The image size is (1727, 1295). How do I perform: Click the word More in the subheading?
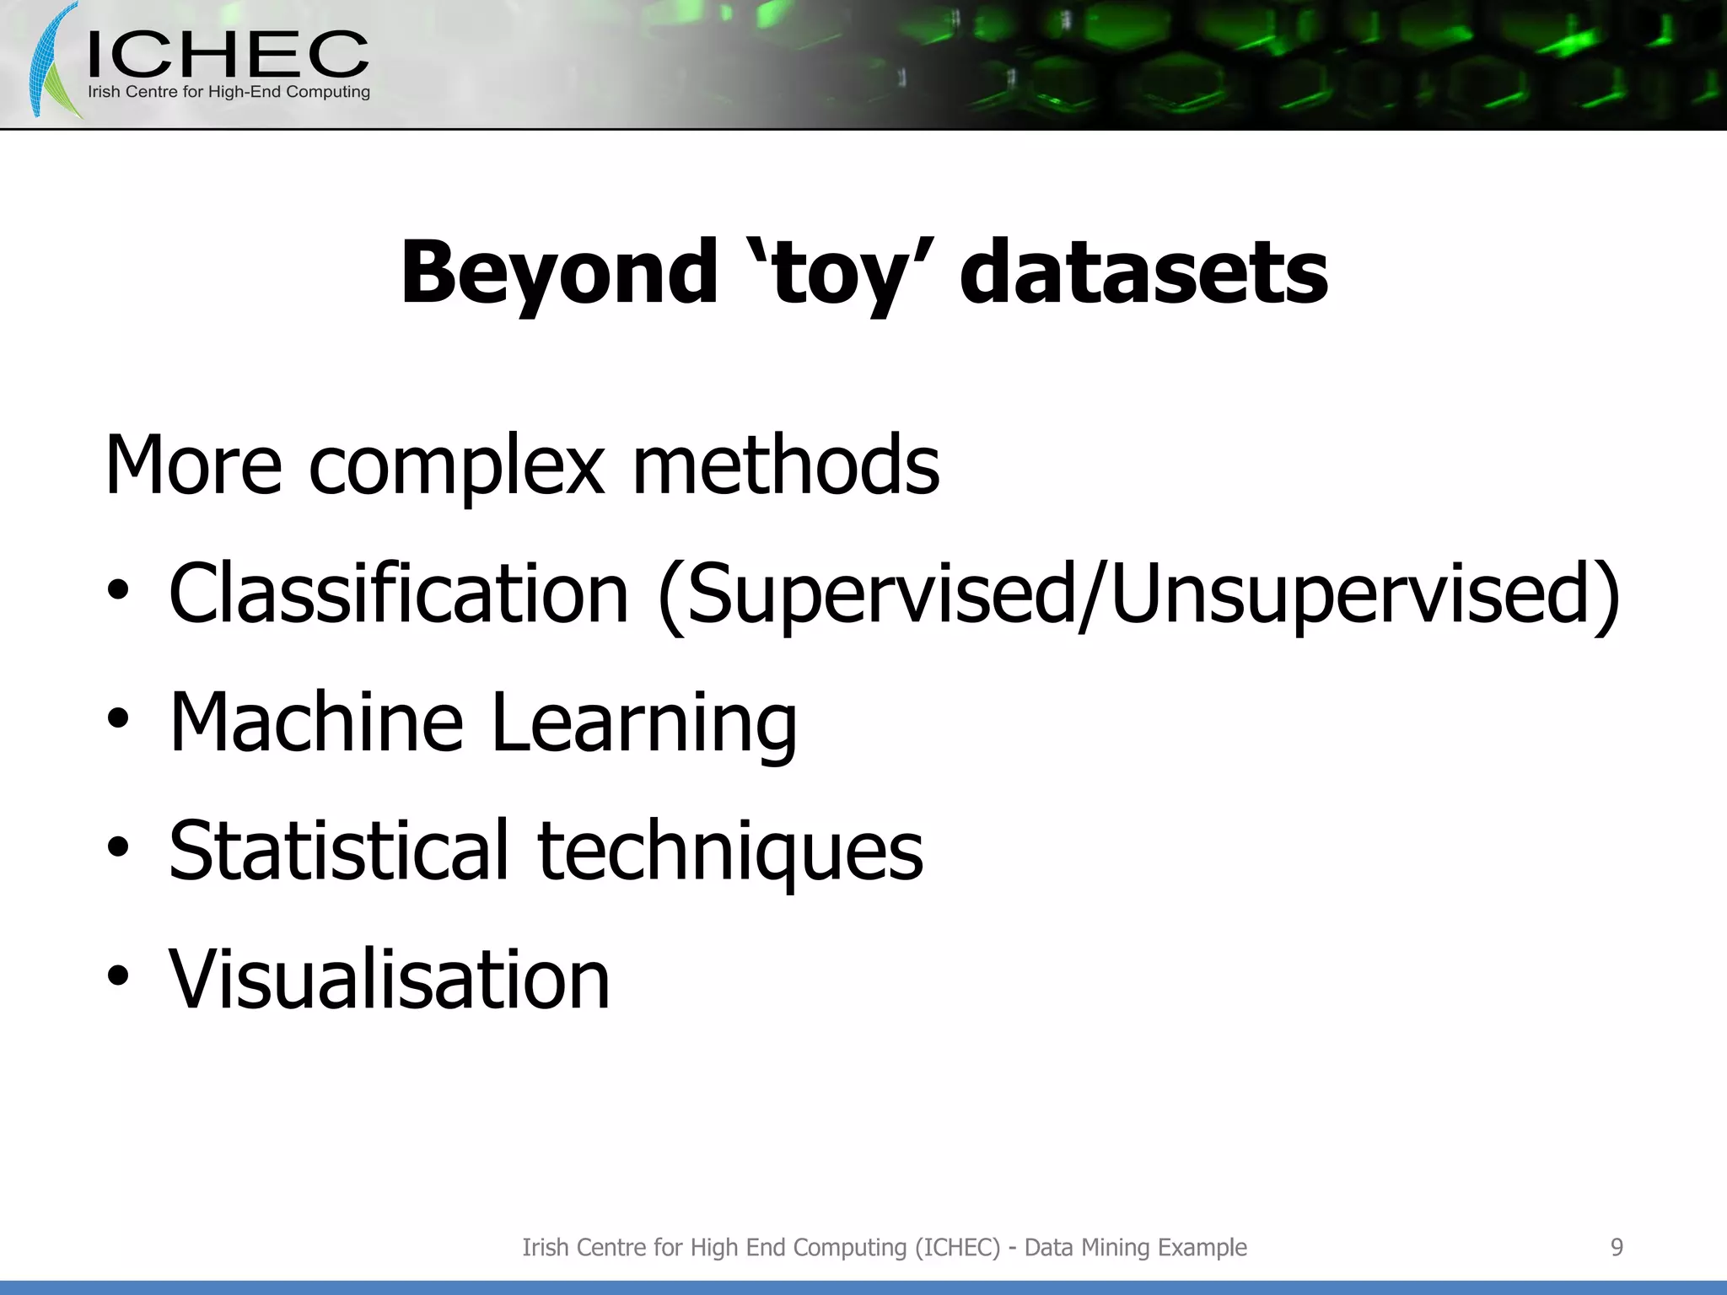(x=192, y=465)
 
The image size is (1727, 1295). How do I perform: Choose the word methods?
(x=785, y=465)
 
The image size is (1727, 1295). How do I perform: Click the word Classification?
(x=398, y=594)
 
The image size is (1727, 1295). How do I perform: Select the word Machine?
(x=315, y=723)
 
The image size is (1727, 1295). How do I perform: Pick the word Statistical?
(x=338, y=851)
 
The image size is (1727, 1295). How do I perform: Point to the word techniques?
(x=730, y=852)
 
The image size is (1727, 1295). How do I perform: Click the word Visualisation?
(x=389, y=979)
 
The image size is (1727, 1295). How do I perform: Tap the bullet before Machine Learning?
(x=118, y=720)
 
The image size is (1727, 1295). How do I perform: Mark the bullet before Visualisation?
(x=118, y=976)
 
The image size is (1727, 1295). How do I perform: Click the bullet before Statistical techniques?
(x=118, y=848)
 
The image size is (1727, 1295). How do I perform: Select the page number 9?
(x=1617, y=1247)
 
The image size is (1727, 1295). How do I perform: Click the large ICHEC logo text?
(x=228, y=55)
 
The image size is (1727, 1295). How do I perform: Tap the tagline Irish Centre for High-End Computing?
(x=229, y=92)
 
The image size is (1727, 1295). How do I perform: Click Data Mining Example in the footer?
(x=1135, y=1247)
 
